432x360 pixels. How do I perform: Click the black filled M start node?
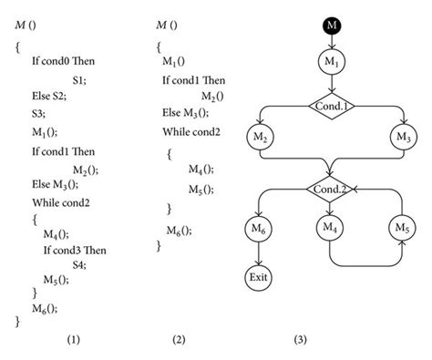pos(332,25)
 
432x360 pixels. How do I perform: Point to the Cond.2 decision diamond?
pos(332,189)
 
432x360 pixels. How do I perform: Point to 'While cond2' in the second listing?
pos(191,131)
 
